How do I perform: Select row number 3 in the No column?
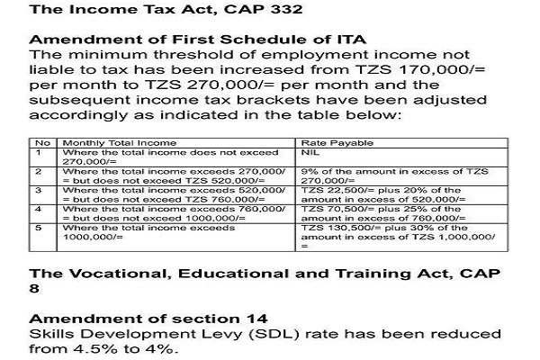coord(40,191)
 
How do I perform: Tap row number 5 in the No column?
coord(40,229)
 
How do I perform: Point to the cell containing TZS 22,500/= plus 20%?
coord(396,195)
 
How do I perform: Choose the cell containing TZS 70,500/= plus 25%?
coord(396,214)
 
